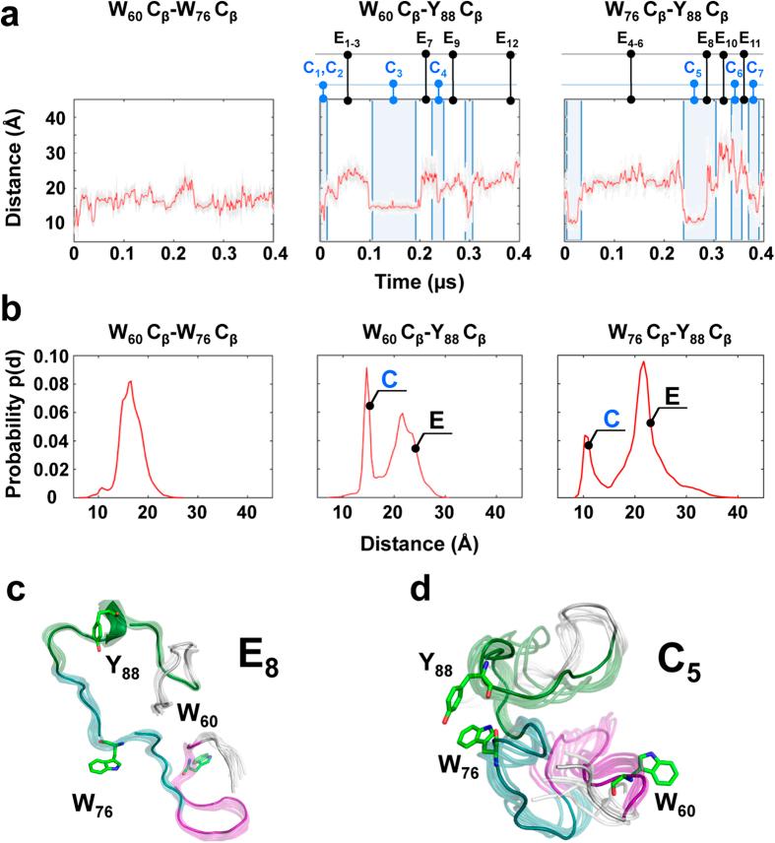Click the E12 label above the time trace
508,40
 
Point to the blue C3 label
394,71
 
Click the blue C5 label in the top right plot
693,71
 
